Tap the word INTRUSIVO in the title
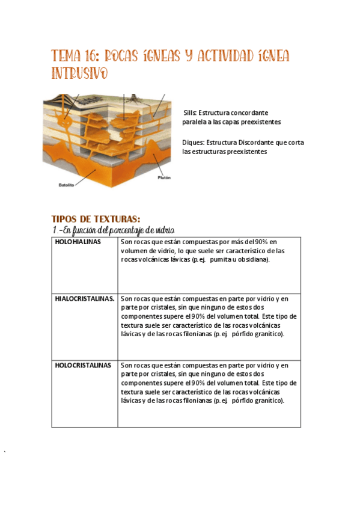80,73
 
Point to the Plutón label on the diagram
164,178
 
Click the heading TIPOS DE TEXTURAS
96,219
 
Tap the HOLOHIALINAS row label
78,242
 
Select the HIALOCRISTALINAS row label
85,298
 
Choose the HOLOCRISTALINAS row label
83,365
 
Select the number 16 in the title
91,57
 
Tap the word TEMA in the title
66,57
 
